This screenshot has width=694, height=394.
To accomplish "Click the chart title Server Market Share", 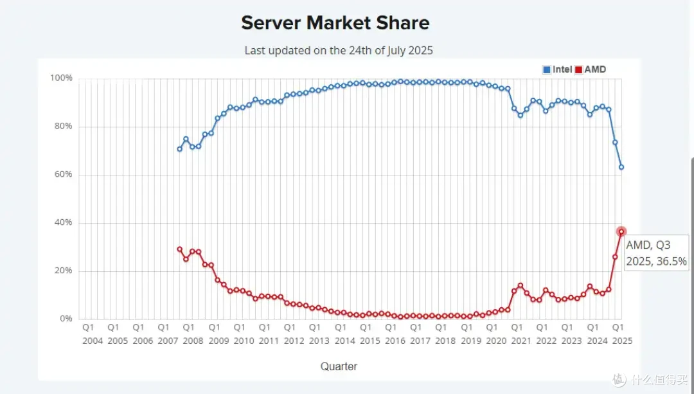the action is click(335, 23).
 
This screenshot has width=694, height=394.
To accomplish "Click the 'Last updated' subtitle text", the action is click(339, 51).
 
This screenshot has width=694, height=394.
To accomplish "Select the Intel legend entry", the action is click(557, 69).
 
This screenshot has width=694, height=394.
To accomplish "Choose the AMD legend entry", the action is click(591, 69).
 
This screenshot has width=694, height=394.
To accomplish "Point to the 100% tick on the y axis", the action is click(61, 78).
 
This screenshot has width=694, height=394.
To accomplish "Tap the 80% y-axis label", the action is click(63, 126).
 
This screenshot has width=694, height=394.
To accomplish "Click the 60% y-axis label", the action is click(63, 174).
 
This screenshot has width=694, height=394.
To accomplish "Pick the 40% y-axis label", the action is click(63, 222).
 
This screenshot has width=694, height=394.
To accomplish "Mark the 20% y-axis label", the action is click(63, 271).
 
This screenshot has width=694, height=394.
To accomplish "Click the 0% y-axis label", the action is click(66, 319).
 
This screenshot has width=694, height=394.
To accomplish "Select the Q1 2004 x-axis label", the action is click(93, 334).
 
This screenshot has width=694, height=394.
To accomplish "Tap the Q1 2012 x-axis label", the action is click(294, 334).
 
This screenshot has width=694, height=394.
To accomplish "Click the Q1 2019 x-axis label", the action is click(471, 334).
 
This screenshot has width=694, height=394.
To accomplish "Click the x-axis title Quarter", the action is click(339, 366).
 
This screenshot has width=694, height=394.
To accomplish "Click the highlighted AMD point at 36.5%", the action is click(621, 231).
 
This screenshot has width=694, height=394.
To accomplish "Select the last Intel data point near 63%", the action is click(621, 167).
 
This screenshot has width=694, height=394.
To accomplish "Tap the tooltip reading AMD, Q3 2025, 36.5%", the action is click(656, 253).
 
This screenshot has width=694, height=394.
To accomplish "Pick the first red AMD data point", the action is click(180, 249).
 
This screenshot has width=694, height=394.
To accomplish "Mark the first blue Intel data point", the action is click(180, 149).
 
